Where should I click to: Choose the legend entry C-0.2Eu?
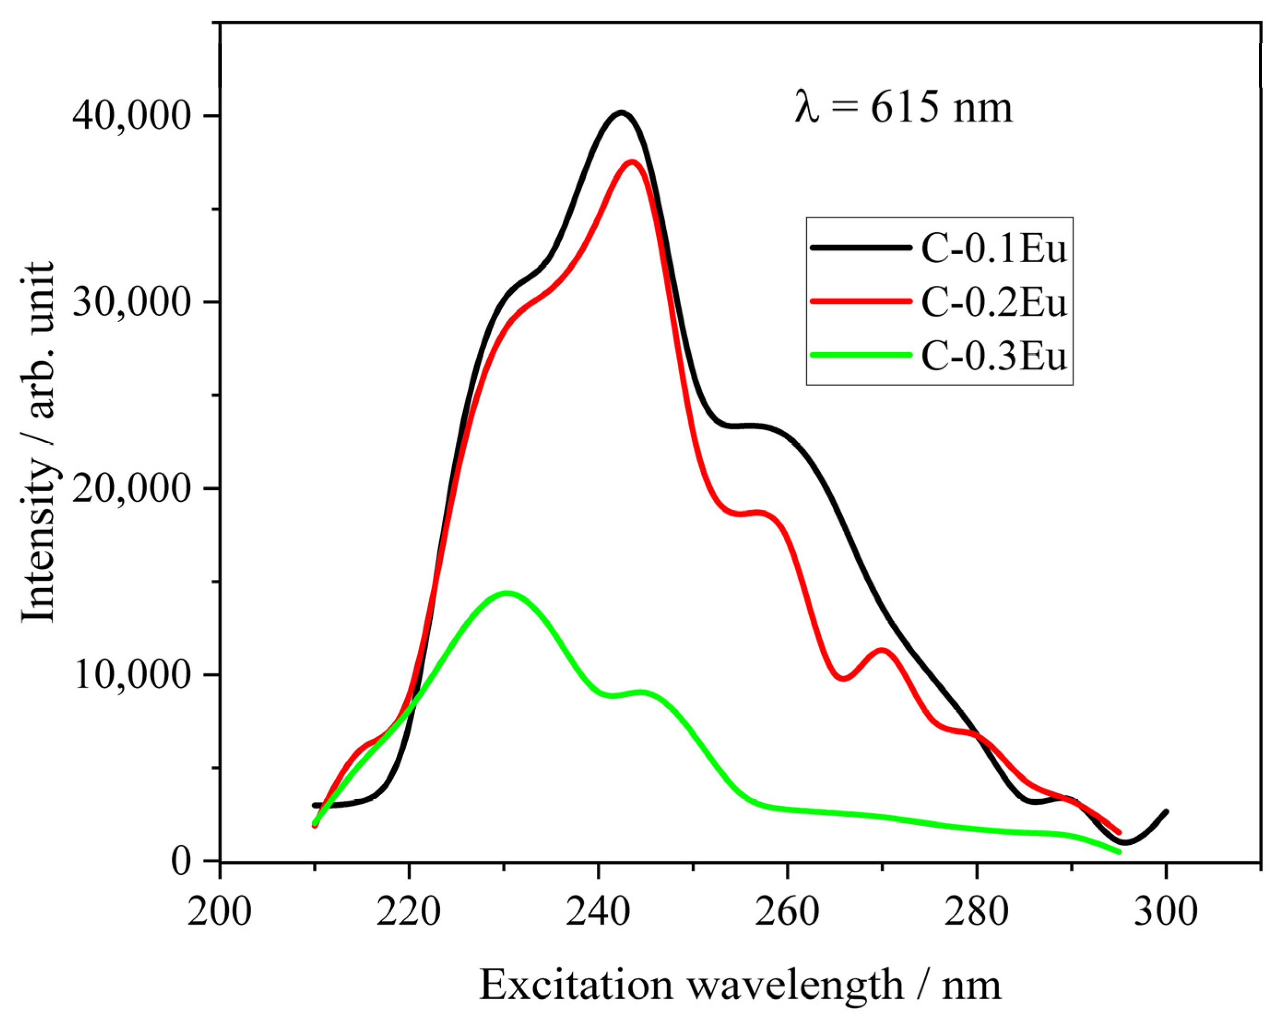994,302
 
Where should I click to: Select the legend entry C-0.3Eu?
994,356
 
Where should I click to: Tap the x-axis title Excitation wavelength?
740,985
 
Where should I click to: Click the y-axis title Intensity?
38,443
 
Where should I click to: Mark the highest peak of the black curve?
621,112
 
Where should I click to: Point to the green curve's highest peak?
506,593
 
